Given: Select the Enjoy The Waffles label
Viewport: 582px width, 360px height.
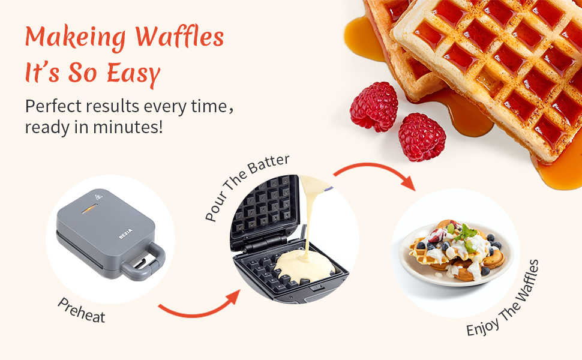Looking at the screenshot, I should tap(502, 298).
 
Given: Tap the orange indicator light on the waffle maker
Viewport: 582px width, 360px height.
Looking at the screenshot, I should tap(88, 209).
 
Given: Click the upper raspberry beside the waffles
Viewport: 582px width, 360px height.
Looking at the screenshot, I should tap(374, 107).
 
